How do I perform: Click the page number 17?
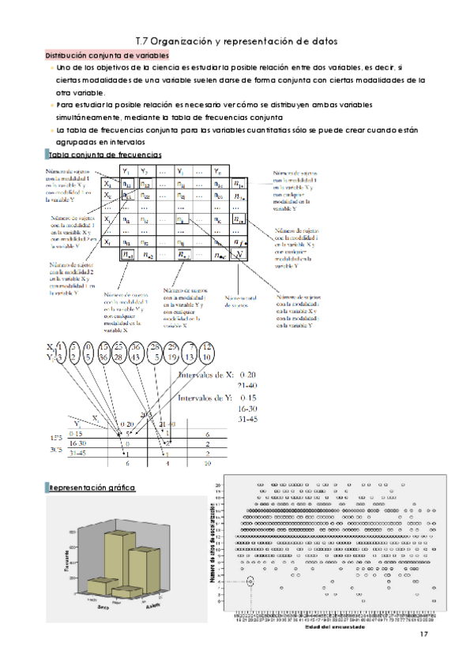(423, 635)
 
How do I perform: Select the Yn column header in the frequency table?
(218, 171)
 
